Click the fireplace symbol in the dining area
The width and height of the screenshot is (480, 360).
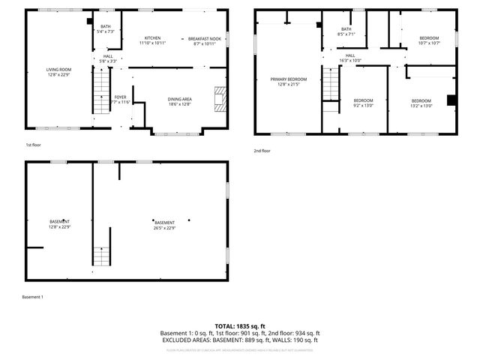pyautogui.click(x=218, y=99)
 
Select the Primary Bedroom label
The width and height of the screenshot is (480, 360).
pyautogui.click(x=289, y=81)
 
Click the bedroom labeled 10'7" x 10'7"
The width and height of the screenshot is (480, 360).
pyautogui.click(x=429, y=40)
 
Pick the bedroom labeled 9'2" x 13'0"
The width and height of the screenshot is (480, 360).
pyautogui.click(x=363, y=103)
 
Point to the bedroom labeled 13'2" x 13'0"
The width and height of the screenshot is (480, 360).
pyautogui.click(x=421, y=103)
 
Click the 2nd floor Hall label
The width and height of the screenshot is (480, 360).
pyautogui.click(x=350, y=58)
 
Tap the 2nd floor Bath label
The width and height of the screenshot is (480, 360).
pyautogui.click(x=346, y=31)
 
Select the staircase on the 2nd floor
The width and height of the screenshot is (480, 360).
pyautogui.click(x=330, y=84)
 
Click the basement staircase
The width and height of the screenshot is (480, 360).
pyautogui.click(x=101, y=256)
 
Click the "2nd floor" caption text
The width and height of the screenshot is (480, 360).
pyautogui.click(x=262, y=151)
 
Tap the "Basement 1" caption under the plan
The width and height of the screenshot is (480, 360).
pyautogui.click(x=33, y=297)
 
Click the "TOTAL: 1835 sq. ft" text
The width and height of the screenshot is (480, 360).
pyautogui.click(x=239, y=325)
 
